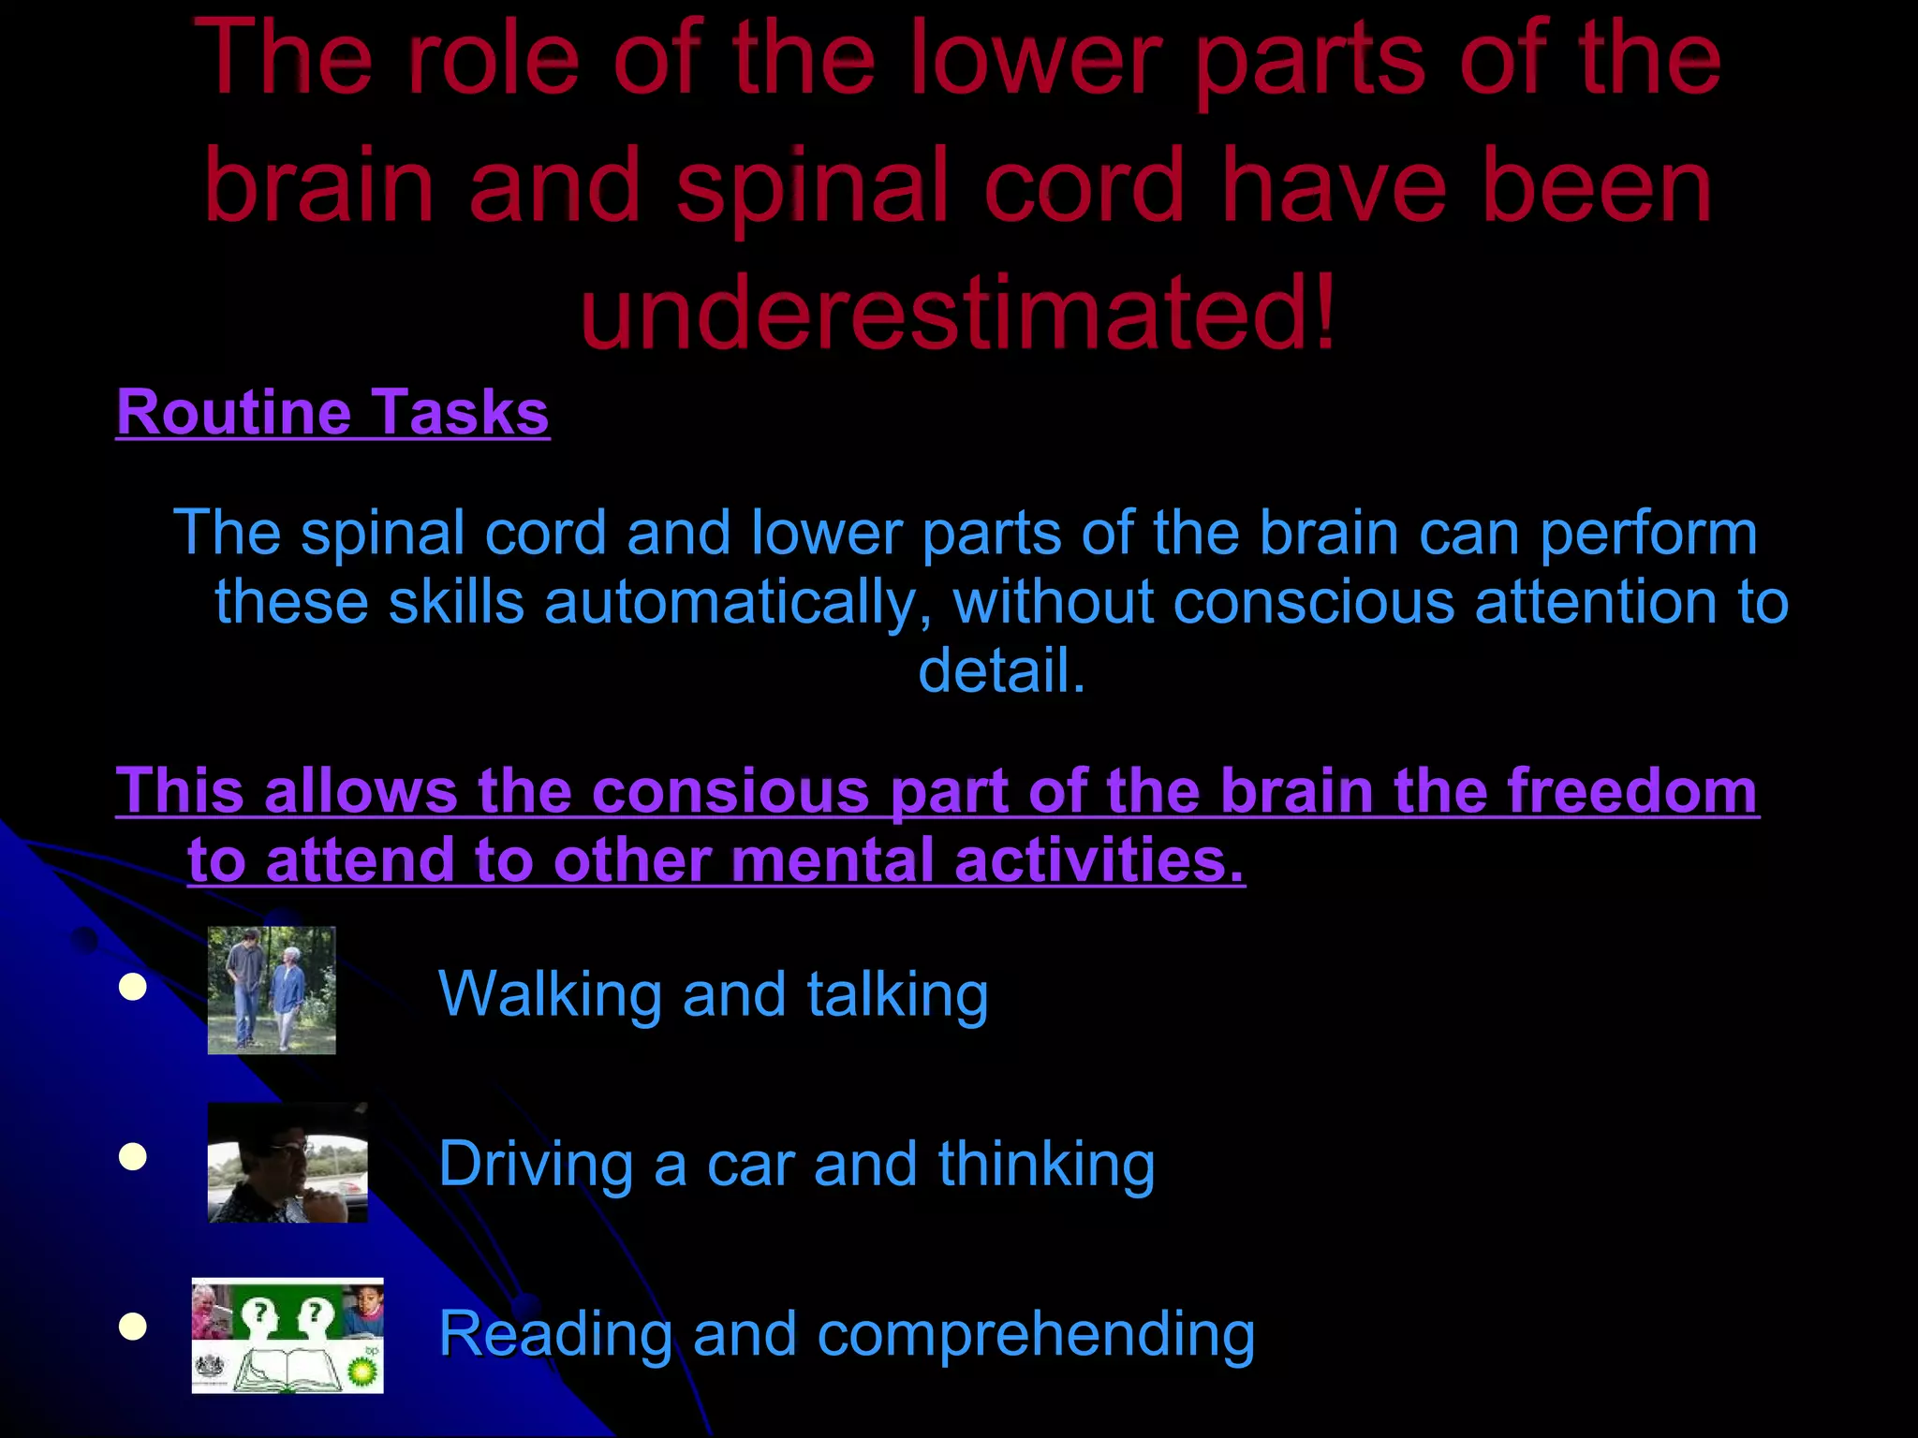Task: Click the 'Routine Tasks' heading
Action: [332, 413]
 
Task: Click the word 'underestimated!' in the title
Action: [958, 311]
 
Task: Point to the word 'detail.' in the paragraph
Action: [1001, 670]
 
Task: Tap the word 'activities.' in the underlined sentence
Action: [1099, 860]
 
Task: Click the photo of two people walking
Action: [272, 990]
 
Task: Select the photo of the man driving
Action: [288, 1163]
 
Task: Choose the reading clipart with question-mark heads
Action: [288, 1335]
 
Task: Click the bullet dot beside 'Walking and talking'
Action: [133, 988]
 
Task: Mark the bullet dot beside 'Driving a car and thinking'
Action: [133, 1157]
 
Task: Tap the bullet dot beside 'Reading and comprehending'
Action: [133, 1327]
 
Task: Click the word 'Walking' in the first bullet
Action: [550, 993]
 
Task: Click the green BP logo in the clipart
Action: [364, 1371]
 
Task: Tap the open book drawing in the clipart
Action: [282, 1372]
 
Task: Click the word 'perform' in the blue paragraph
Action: [1648, 534]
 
